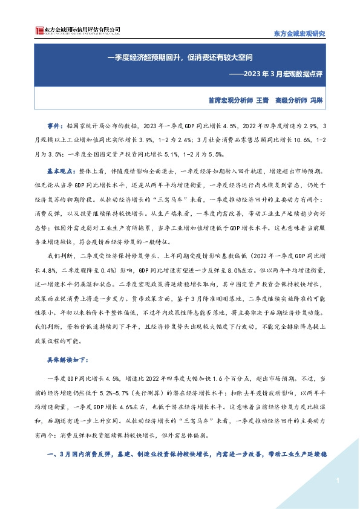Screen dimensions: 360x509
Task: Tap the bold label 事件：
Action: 56,126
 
